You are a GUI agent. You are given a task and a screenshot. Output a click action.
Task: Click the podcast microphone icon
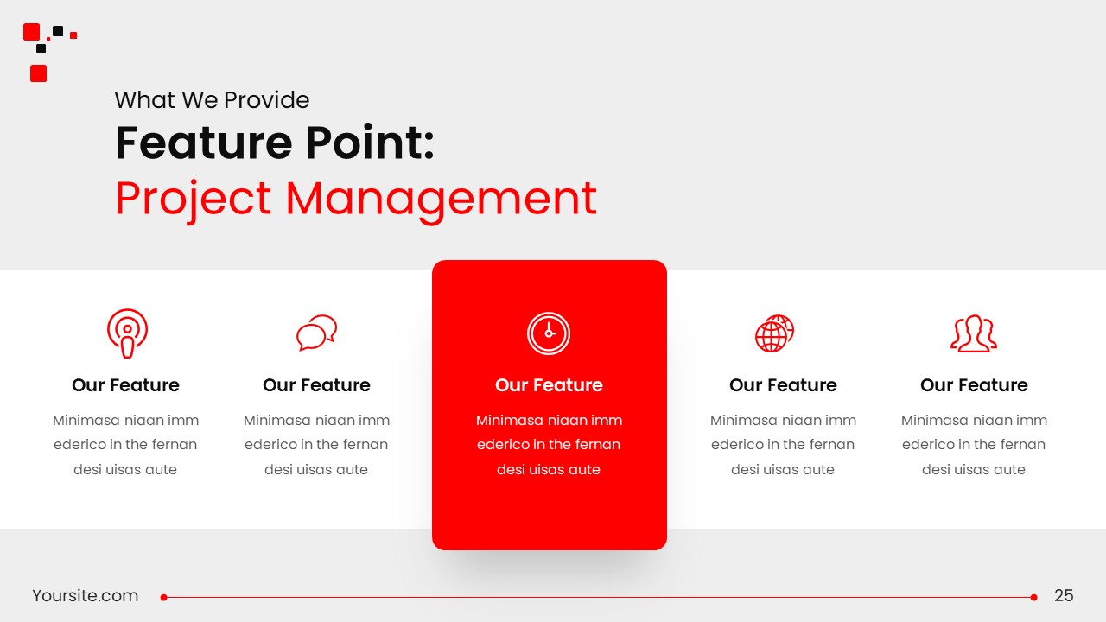(x=127, y=333)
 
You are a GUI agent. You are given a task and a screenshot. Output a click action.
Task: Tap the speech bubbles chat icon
(x=316, y=333)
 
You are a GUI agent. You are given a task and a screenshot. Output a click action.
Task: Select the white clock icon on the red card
(x=549, y=333)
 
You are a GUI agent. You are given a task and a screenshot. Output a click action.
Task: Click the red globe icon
(x=774, y=333)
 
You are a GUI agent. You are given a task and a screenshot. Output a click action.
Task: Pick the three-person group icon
(x=974, y=333)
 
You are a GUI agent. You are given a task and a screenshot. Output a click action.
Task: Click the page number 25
(x=1064, y=596)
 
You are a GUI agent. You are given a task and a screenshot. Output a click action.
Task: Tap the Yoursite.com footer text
(x=85, y=596)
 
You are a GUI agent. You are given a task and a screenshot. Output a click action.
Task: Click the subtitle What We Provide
(x=212, y=100)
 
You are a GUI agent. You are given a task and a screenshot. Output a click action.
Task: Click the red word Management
(x=441, y=199)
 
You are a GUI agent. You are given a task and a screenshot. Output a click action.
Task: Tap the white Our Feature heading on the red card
(x=549, y=385)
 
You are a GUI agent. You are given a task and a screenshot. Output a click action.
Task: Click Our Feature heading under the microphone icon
(x=125, y=385)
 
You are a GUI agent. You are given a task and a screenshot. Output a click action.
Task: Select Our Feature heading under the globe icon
(x=783, y=385)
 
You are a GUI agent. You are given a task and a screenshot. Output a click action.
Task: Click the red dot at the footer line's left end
(x=163, y=597)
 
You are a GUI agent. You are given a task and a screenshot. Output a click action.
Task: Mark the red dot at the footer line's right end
(x=1033, y=597)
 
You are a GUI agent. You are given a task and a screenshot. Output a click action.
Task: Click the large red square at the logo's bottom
(x=38, y=73)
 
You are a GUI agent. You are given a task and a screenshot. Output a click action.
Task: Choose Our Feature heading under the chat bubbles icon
(x=316, y=385)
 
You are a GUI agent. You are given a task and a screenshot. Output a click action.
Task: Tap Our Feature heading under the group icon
(x=974, y=385)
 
